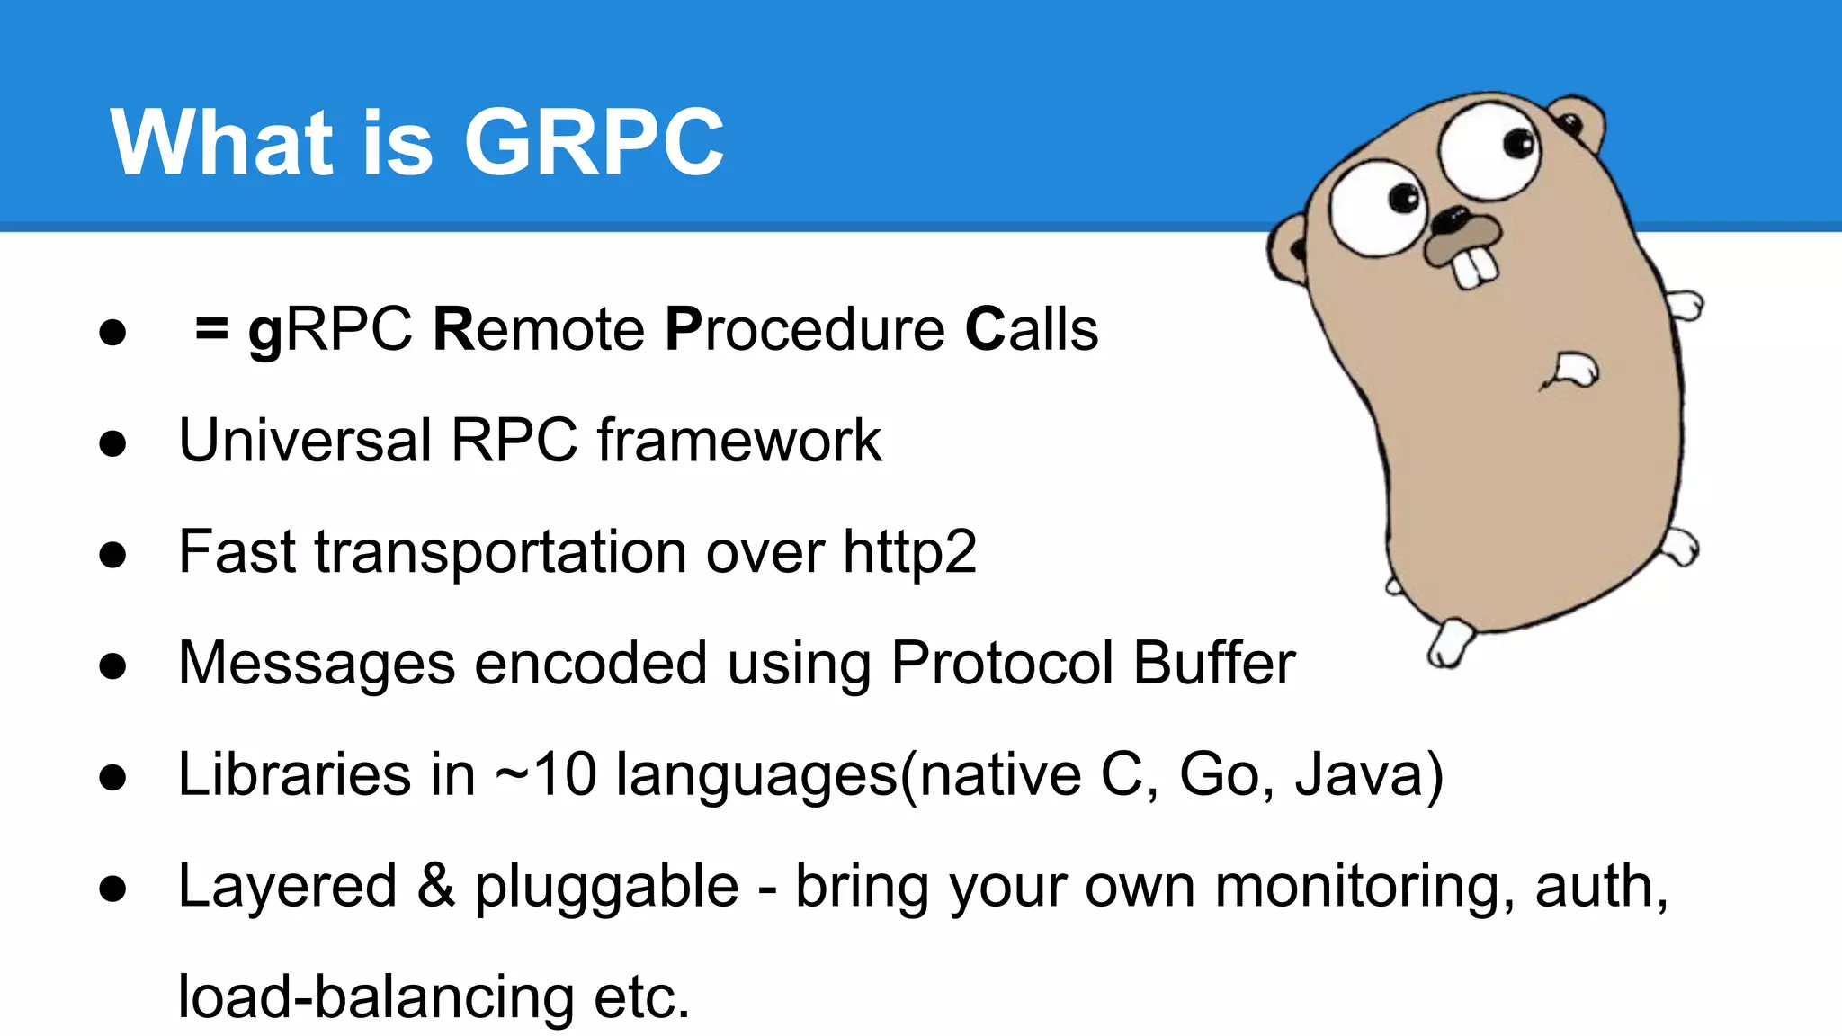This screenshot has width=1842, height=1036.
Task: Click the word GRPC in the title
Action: [594, 142]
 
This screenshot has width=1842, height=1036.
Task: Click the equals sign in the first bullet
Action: [211, 329]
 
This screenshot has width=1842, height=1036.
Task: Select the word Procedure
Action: [804, 329]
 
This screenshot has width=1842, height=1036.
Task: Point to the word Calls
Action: [1031, 329]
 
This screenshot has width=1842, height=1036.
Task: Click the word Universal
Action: [305, 441]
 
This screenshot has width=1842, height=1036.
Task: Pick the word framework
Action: [738, 441]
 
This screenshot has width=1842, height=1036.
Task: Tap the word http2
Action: [909, 551]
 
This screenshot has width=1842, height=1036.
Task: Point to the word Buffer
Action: [1213, 663]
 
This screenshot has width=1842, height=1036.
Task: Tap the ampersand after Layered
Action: [436, 886]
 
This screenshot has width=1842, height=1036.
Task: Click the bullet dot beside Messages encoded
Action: [113, 666]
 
